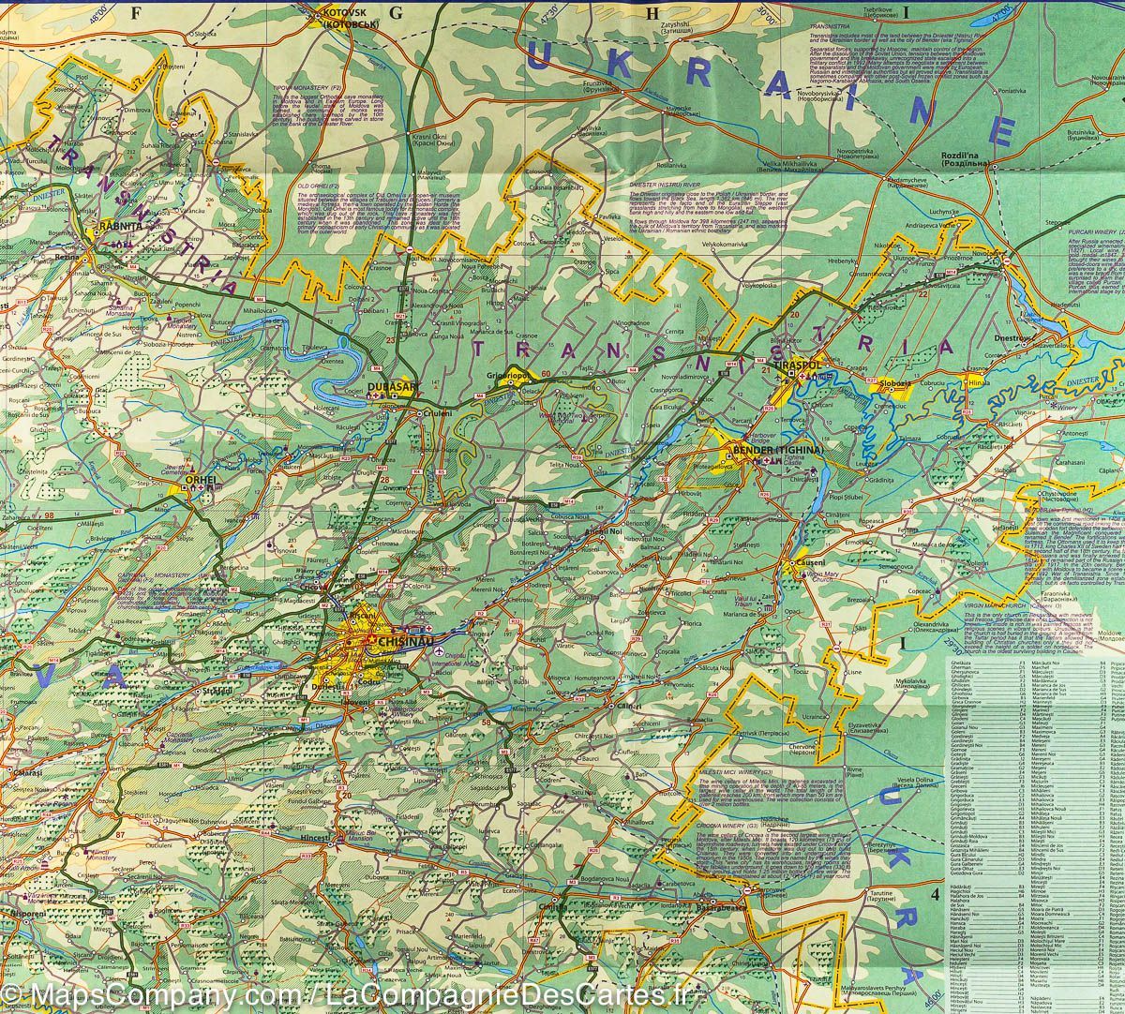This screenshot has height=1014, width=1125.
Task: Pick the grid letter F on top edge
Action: (139, 11)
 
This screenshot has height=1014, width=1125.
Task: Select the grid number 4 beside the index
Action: (934, 893)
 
